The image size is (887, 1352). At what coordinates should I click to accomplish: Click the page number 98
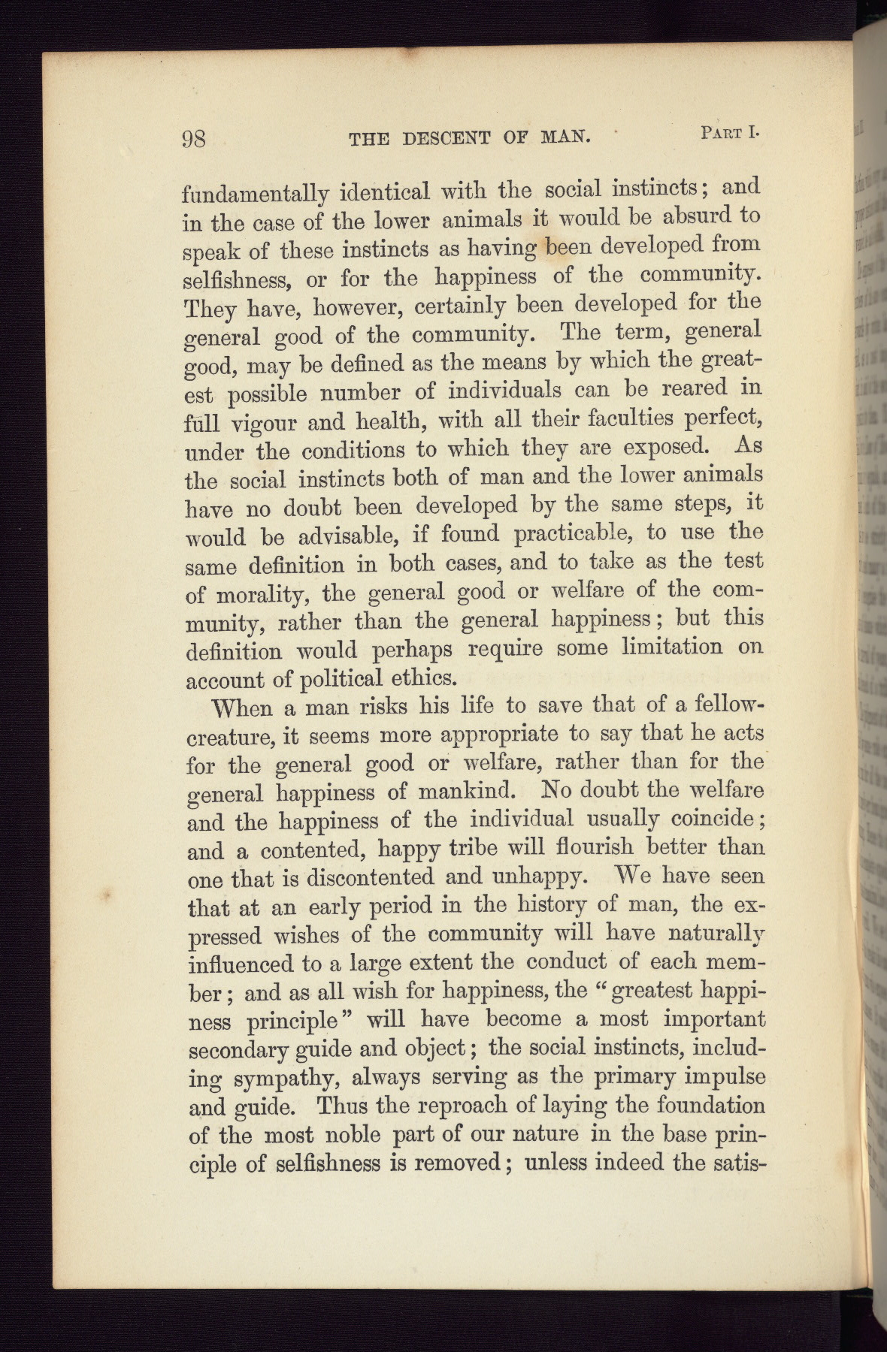(x=194, y=139)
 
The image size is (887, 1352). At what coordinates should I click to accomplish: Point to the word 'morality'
(x=259, y=595)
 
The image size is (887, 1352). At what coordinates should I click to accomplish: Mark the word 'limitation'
(x=671, y=647)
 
